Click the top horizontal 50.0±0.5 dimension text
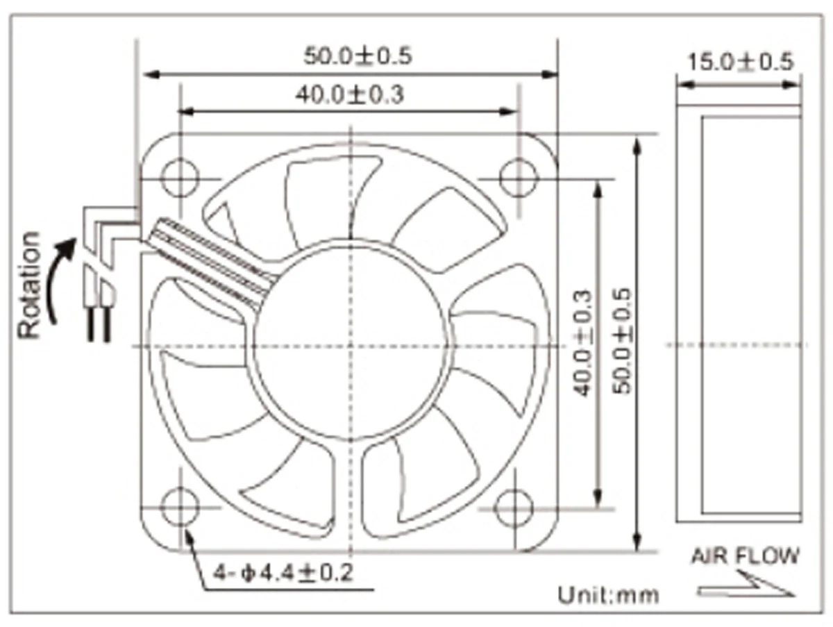click(x=357, y=56)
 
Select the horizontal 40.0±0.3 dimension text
click(x=349, y=94)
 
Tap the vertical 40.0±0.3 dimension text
click(x=583, y=342)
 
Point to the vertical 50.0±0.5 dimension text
click(x=623, y=342)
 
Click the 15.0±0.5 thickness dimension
click(x=739, y=62)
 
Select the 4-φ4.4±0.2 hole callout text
click(x=283, y=574)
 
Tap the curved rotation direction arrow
click(x=60, y=278)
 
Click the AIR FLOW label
click(x=744, y=556)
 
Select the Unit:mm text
click(x=608, y=595)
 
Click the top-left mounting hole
click(x=180, y=177)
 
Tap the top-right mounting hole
click(x=519, y=177)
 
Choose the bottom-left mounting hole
click(x=180, y=508)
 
